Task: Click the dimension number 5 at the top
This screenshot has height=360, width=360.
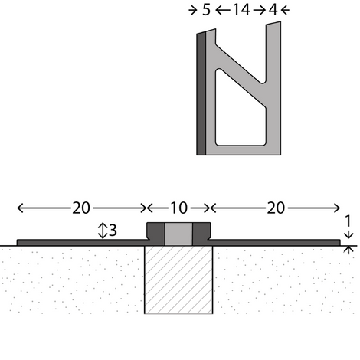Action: click(206, 10)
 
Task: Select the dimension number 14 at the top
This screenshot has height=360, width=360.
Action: click(241, 10)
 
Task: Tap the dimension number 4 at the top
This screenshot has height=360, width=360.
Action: click(273, 10)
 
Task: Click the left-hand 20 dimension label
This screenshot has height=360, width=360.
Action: click(81, 208)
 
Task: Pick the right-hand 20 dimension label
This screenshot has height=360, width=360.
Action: click(276, 208)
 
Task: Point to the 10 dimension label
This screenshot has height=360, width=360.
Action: click(178, 208)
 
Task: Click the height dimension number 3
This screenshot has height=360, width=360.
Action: click(113, 231)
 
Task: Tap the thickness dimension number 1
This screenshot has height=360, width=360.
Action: click(348, 221)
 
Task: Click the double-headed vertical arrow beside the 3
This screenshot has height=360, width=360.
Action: click(103, 231)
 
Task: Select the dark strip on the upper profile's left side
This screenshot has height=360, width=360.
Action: click(201, 93)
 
